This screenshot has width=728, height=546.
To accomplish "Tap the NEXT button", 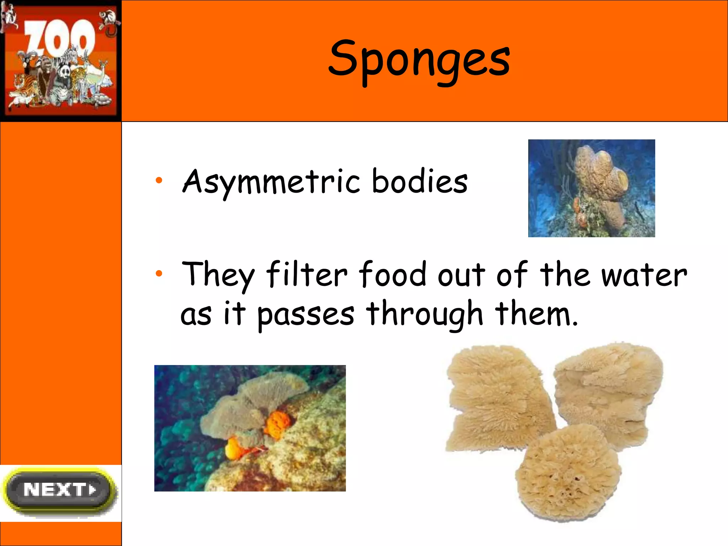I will pyautogui.click(x=59, y=490).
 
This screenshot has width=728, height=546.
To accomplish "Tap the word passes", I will pyautogui.click(x=306, y=314).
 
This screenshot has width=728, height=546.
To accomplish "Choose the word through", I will pyautogui.click(x=424, y=314).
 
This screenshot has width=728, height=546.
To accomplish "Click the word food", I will pyautogui.click(x=392, y=274).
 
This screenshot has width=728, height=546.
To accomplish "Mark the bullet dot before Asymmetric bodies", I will pyautogui.click(x=159, y=181).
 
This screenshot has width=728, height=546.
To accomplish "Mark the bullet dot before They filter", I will pyautogui.click(x=159, y=273).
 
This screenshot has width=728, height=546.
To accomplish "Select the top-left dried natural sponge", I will pyautogui.click(x=498, y=398).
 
